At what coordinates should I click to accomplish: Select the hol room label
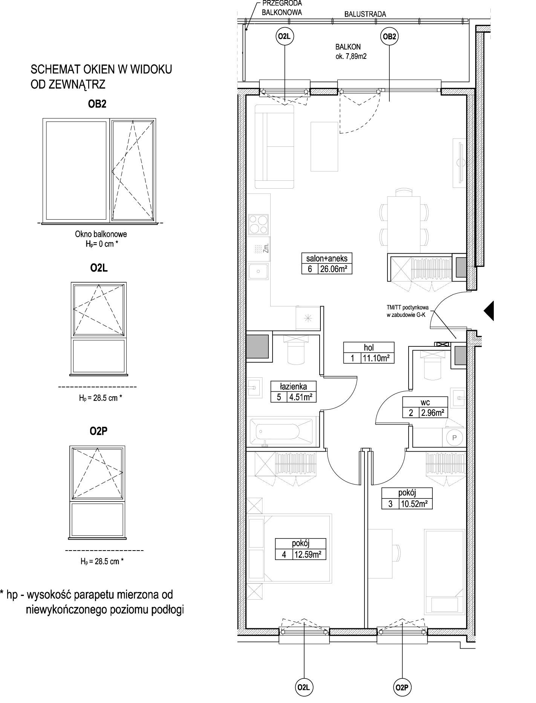pos(369,348)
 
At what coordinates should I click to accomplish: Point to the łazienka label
pos(294,386)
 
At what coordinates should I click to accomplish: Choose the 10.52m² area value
pos(415,503)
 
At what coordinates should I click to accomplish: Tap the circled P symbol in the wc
pos(454,437)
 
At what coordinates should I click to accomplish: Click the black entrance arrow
pos(489,311)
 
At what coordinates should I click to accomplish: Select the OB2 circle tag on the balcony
pos(389,37)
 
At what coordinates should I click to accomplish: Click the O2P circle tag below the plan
pos(402,688)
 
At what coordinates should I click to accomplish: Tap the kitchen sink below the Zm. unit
pos(259,271)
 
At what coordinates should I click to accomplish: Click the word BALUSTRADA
pos(365,14)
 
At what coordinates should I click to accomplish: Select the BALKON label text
pos(348,47)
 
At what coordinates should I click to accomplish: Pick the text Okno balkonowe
pos(101,234)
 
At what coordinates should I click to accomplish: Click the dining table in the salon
pos(405,219)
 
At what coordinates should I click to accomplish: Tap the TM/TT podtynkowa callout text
pos(407,308)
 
